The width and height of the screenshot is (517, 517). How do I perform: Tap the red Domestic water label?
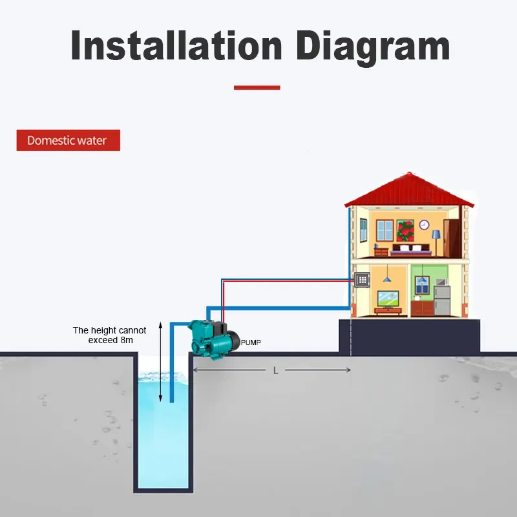pyautogui.click(x=68, y=140)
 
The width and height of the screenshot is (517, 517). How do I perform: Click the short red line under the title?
pyautogui.click(x=257, y=87)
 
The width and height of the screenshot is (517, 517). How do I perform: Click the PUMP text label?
pyautogui.click(x=251, y=342)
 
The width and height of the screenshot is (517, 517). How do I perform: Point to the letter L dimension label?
pyautogui.click(x=276, y=370)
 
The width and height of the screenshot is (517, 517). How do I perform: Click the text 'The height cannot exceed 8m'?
pyautogui.click(x=109, y=335)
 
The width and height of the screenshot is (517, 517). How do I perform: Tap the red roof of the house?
pyautogui.click(x=408, y=189)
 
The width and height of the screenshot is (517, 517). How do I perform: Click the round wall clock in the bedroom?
pyautogui.click(x=424, y=225)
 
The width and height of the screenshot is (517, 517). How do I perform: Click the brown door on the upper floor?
pyautogui.click(x=452, y=237)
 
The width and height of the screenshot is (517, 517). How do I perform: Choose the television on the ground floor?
pyautogui.click(x=388, y=298)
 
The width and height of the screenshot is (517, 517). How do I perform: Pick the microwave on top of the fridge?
pyautogui.click(x=441, y=282)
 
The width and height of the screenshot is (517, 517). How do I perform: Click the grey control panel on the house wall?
pyautogui.click(x=363, y=280)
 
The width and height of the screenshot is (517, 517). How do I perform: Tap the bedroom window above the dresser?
pyautogui.click(x=385, y=229)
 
